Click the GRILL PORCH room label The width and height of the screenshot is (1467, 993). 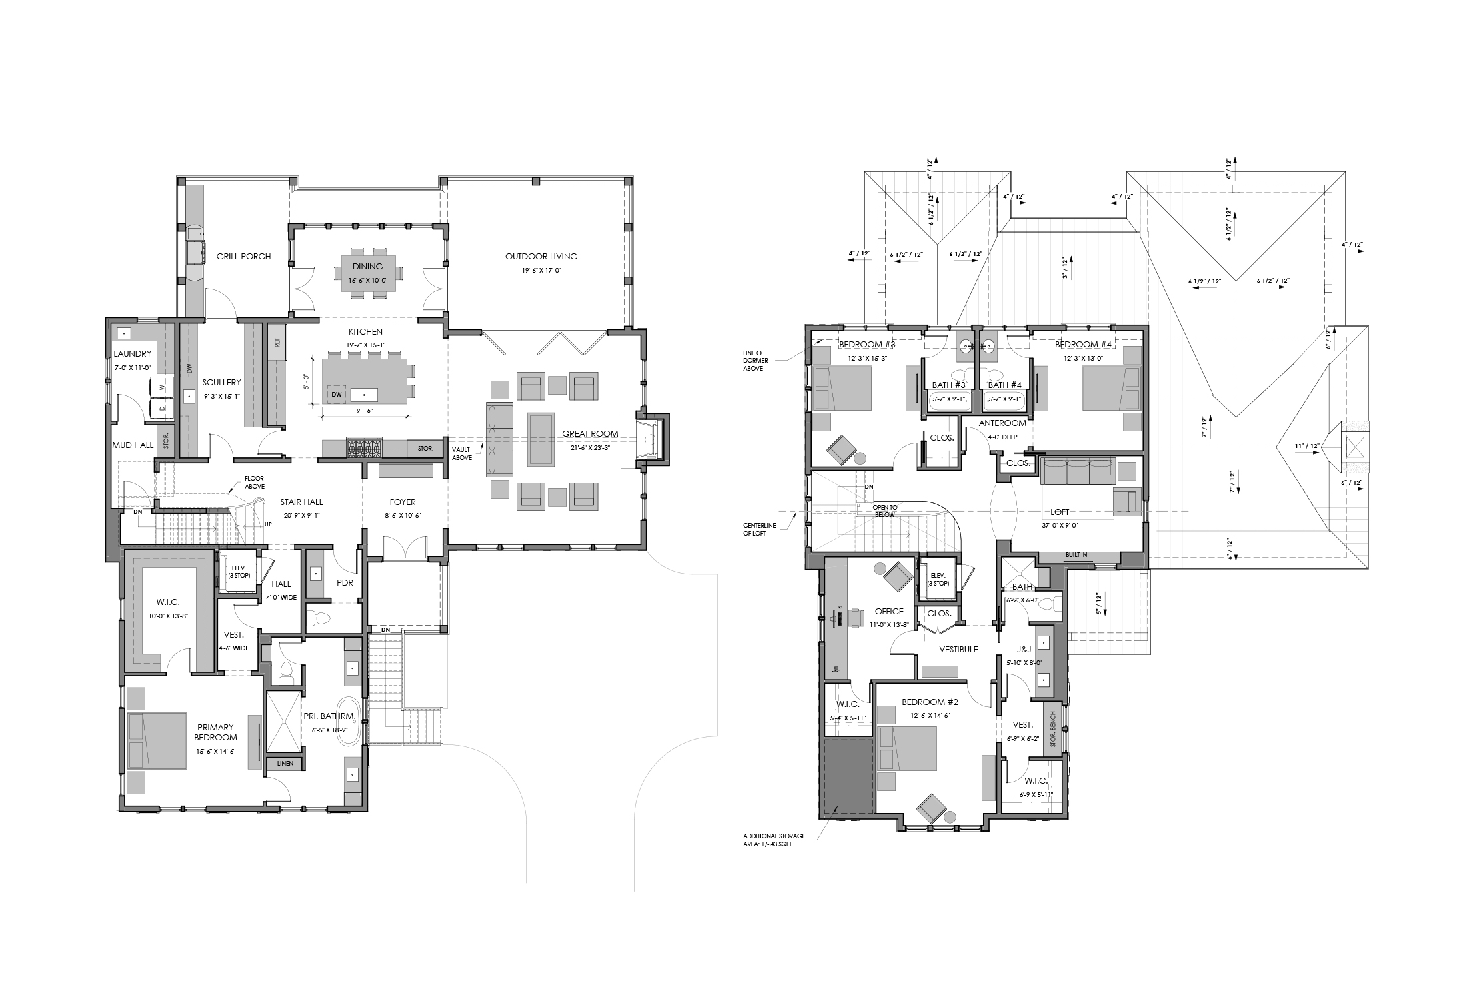243,256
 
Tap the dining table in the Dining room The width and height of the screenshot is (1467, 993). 368,273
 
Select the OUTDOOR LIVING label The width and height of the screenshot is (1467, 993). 541,256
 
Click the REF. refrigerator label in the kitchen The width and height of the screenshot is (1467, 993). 277,341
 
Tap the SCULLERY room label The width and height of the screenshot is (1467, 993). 222,382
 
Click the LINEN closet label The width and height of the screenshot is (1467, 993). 285,763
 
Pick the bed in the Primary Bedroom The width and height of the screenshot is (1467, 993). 157,740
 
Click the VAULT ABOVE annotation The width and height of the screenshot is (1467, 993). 461,453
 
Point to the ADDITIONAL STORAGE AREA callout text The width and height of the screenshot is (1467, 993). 774,840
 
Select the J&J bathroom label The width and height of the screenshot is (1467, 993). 1024,650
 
